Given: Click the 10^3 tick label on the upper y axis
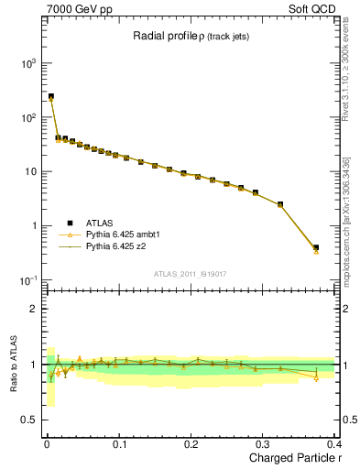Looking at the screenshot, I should coord(27,63).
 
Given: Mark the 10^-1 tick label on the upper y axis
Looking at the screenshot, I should coord(27,280).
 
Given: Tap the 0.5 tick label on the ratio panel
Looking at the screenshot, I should coord(29,420).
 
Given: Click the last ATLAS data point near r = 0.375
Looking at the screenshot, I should coord(316,247).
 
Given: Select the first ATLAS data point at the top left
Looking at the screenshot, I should coord(51,96).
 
